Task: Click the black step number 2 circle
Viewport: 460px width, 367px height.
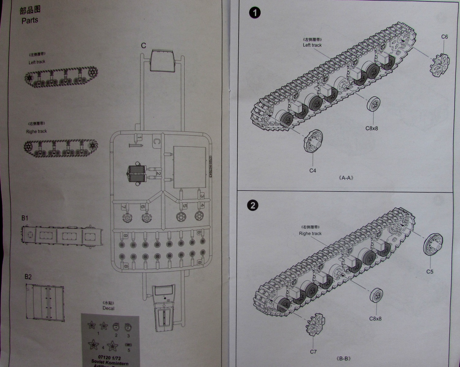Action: coord(252,205)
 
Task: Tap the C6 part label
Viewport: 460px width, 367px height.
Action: coord(444,37)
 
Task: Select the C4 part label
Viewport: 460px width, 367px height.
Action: coord(312,171)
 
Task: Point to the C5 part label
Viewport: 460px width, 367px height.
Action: coord(430,272)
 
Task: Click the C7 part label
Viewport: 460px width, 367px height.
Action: coord(313,352)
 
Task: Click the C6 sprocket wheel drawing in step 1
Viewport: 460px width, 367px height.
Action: coord(440,64)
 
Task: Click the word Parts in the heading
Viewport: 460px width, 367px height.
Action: coord(30,20)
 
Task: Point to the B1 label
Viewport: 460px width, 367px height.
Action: coord(25,218)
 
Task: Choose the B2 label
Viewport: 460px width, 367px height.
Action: coord(28,277)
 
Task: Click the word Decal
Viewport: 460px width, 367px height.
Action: coord(108,308)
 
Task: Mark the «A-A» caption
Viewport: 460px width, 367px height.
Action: coord(345,178)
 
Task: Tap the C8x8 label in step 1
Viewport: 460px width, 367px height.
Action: coord(371,128)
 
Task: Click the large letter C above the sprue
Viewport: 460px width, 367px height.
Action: coord(143,46)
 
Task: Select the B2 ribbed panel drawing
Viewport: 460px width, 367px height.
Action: coord(45,302)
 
